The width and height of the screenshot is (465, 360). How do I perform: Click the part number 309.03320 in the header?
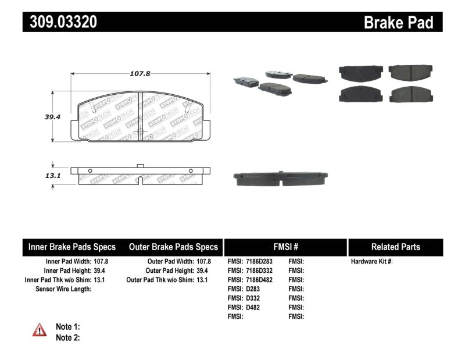(60, 22)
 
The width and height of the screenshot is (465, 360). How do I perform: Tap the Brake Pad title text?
(398, 23)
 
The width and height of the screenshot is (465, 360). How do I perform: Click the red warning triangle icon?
(40, 330)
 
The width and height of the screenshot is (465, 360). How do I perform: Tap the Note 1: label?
(67, 327)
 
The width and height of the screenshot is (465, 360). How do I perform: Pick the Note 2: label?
(67, 337)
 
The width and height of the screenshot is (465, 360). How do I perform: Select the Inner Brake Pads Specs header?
(72, 247)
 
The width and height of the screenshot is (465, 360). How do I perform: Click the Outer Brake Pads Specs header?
(173, 247)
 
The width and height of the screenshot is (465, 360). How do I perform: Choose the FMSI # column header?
(285, 247)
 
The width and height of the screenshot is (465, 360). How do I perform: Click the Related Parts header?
(395, 247)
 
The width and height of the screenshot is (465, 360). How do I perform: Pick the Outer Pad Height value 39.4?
(203, 270)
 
